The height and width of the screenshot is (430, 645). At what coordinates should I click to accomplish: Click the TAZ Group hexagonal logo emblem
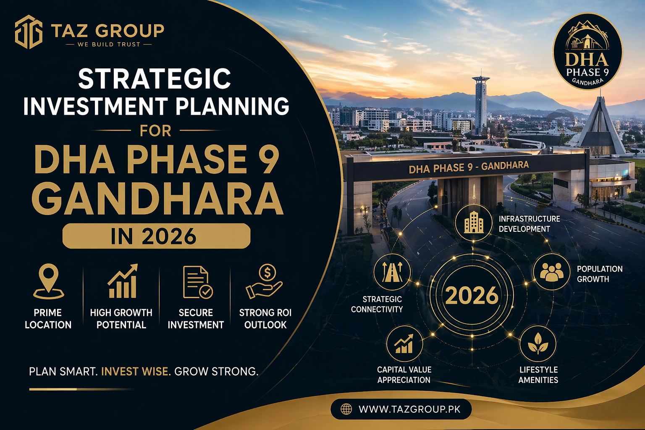point(29,32)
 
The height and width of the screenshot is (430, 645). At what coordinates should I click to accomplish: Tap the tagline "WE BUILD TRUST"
point(109,44)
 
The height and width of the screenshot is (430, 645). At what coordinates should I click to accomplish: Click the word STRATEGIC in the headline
point(155,79)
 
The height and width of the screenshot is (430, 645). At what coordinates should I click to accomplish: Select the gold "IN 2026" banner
point(156,236)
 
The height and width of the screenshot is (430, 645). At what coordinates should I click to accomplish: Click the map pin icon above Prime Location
point(48,281)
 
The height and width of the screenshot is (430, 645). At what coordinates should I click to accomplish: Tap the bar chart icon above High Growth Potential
point(122,281)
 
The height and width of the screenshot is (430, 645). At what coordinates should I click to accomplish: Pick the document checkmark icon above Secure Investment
point(197,282)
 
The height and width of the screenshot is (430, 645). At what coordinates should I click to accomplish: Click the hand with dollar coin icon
point(265,281)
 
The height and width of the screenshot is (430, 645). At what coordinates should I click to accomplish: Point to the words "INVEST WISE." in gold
point(136,372)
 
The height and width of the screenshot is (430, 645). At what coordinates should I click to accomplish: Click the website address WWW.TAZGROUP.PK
point(409,409)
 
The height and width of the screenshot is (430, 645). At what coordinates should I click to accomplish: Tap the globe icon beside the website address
point(346,409)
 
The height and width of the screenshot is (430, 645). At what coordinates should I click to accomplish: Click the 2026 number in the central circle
point(472,296)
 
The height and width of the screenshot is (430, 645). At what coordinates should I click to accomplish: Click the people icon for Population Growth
point(551,272)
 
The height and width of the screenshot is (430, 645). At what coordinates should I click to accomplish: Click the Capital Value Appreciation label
point(404,375)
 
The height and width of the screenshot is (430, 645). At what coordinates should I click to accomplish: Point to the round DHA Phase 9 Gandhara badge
point(587,52)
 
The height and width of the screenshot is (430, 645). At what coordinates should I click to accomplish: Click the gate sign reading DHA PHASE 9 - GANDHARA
point(469,167)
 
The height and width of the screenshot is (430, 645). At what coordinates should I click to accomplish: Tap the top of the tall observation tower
point(480,79)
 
